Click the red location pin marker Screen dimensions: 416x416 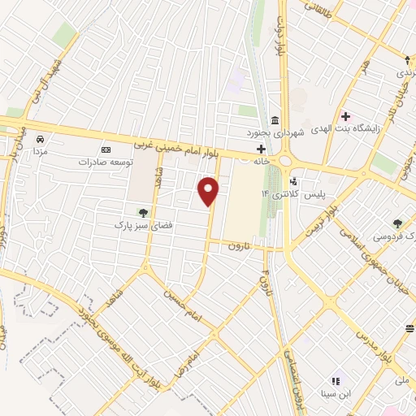click(x=209, y=191)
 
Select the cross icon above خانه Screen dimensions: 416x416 click(x=261, y=149)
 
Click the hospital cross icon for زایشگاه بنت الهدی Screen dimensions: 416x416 click(x=346, y=116)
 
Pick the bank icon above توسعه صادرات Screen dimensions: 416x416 click(x=105, y=149)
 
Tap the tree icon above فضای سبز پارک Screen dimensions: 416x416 click(x=143, y=213)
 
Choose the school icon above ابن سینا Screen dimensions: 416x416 click(x=335, y=380)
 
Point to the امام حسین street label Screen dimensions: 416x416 click(x=184, y=305)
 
